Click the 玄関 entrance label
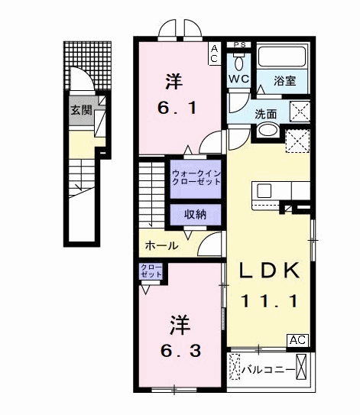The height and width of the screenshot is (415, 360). coord(81,110)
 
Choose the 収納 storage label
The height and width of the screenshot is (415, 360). coord(196,215)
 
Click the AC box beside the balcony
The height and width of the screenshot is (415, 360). coord(297,341)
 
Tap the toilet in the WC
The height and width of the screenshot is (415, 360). coord(238,60)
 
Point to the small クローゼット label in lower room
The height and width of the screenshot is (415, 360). coord(150,271)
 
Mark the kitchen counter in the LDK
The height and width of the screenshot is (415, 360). coord(280,190)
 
